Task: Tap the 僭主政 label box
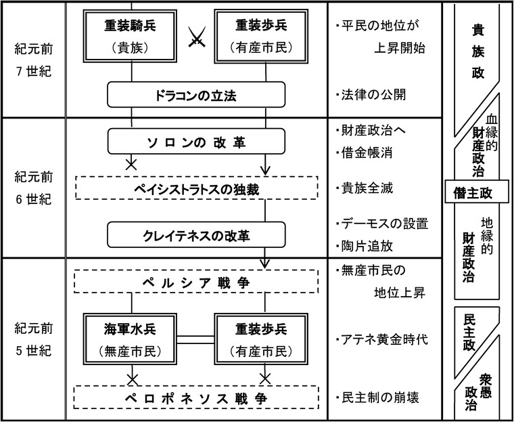pos(480,192)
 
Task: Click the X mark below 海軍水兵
pos(131,377)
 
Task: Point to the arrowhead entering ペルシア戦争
pos(265,263)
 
